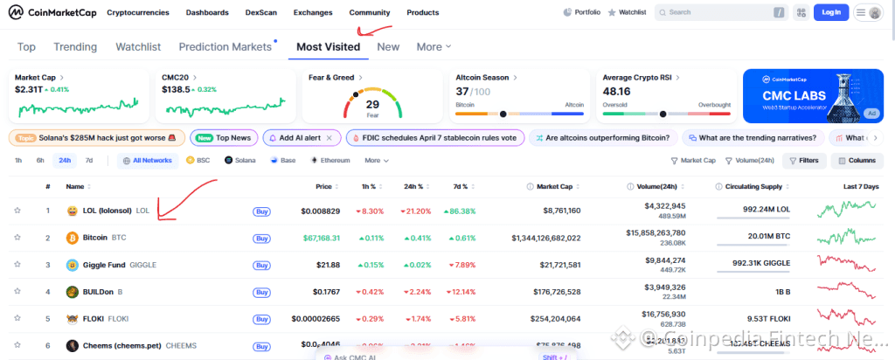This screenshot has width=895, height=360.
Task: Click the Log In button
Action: [x=830, y=12]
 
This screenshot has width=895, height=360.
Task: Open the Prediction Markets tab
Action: [x=225, y=46]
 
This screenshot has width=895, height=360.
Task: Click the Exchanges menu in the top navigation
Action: [x=313, y=13]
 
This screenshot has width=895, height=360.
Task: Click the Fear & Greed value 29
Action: [x=372, y=104]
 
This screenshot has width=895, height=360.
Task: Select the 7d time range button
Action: [x=88, y=161]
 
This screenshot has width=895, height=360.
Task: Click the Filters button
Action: [x=803, y=161]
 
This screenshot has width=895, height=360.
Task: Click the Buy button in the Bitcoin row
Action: [x=261, y=238]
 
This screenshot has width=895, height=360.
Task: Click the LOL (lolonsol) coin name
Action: [x=107, y=211]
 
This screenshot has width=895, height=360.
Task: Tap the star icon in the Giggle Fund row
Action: [x=17, y=265]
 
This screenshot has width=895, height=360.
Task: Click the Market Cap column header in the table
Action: [x=554, y=187]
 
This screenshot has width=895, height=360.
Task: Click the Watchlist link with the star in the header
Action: [x=627, y=13]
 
